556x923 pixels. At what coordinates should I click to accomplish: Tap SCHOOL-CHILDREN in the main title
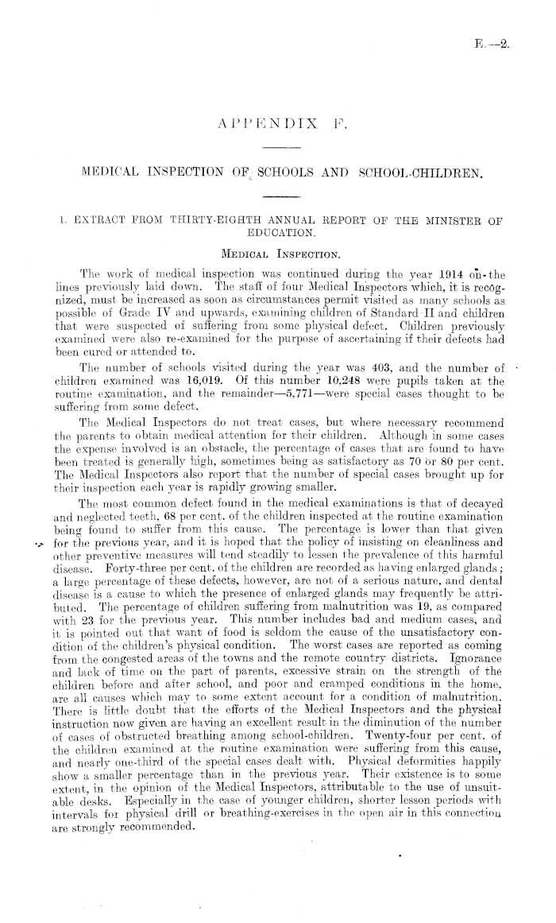418,170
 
